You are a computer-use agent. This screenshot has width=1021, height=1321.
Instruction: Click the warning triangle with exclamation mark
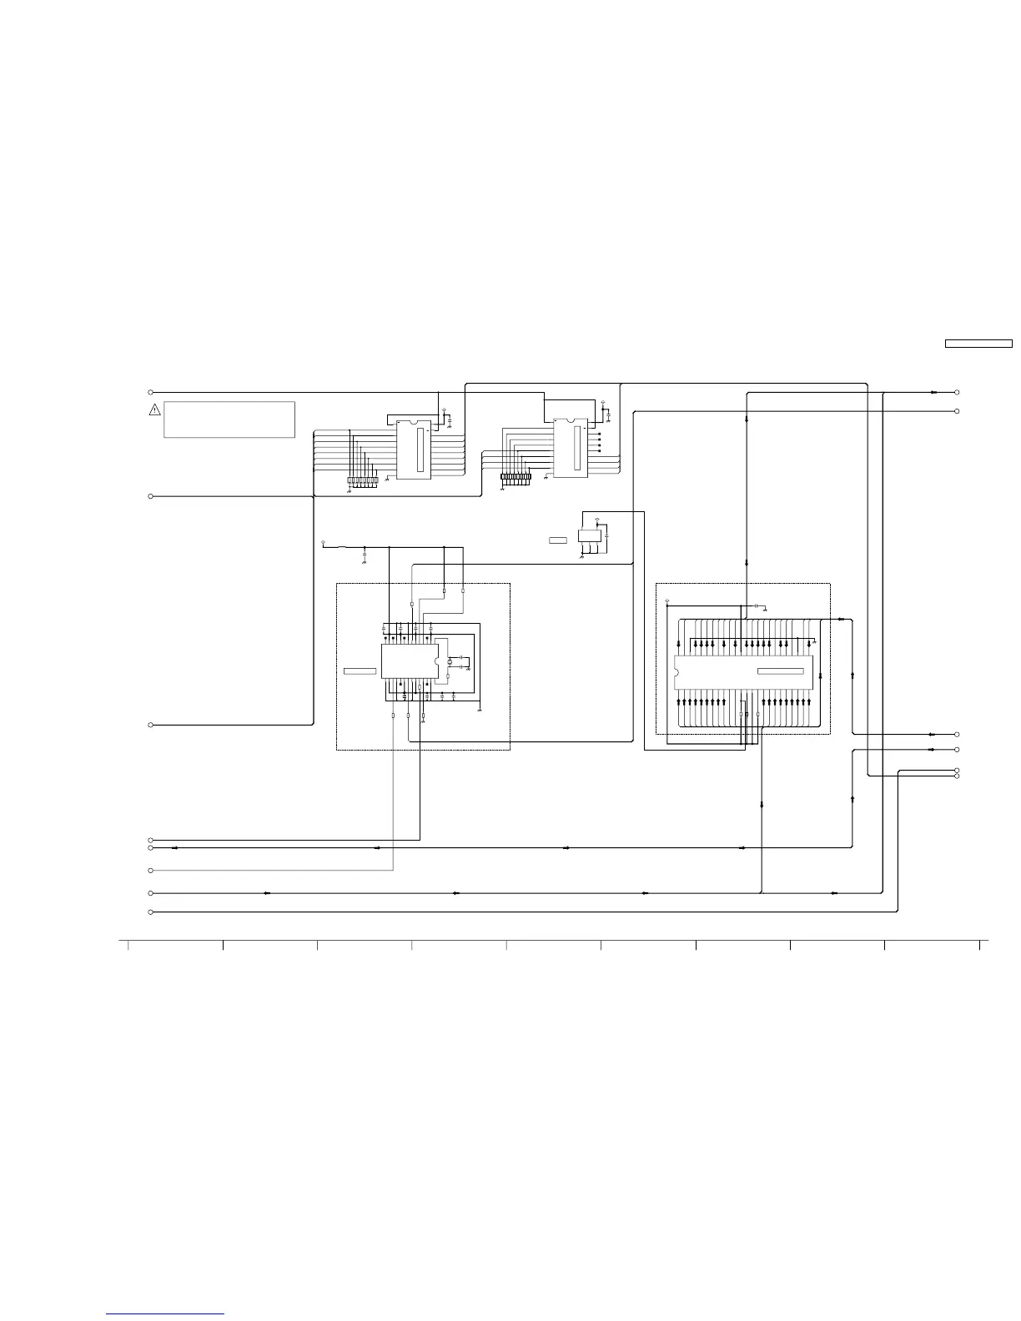pyautogui.click(x=154, y=409)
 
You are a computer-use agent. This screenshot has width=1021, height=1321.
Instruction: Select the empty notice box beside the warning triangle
pyautogui.click(x=229, y=419)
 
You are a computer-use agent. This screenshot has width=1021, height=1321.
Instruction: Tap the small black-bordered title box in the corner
pyautogui.click(x=978, y=343)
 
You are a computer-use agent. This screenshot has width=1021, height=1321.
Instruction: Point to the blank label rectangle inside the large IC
pyautogui.click(x=780, y=671)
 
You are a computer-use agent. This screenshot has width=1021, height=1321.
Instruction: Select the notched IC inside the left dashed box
pyautogui.click(x=409, y=660)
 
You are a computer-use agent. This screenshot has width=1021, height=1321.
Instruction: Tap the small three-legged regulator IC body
pyautogui.click(x=590, y=535)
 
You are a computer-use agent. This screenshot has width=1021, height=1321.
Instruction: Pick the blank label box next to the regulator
pyautogui.click(x=558, y=541)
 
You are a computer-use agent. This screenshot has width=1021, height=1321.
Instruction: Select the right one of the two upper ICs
pyautogui.click(x=571, y=448)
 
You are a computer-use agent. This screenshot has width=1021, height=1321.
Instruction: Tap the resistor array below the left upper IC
pyautogui.click(x=362, y=480)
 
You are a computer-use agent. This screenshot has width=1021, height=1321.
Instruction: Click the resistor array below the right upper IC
pyautogui.click(x=516, y=479)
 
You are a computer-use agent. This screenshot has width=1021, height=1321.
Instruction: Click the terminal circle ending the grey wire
pyautogui.click(x=151, y=871)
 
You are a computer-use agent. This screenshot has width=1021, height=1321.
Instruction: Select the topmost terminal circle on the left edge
pyautogui.click(x=151, y=392)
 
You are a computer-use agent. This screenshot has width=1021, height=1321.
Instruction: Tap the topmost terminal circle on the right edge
pyautogui.click(x=957, y=392)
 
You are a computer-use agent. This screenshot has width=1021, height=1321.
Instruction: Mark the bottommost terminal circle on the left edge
pyautogui.click(x=151, y=912)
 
